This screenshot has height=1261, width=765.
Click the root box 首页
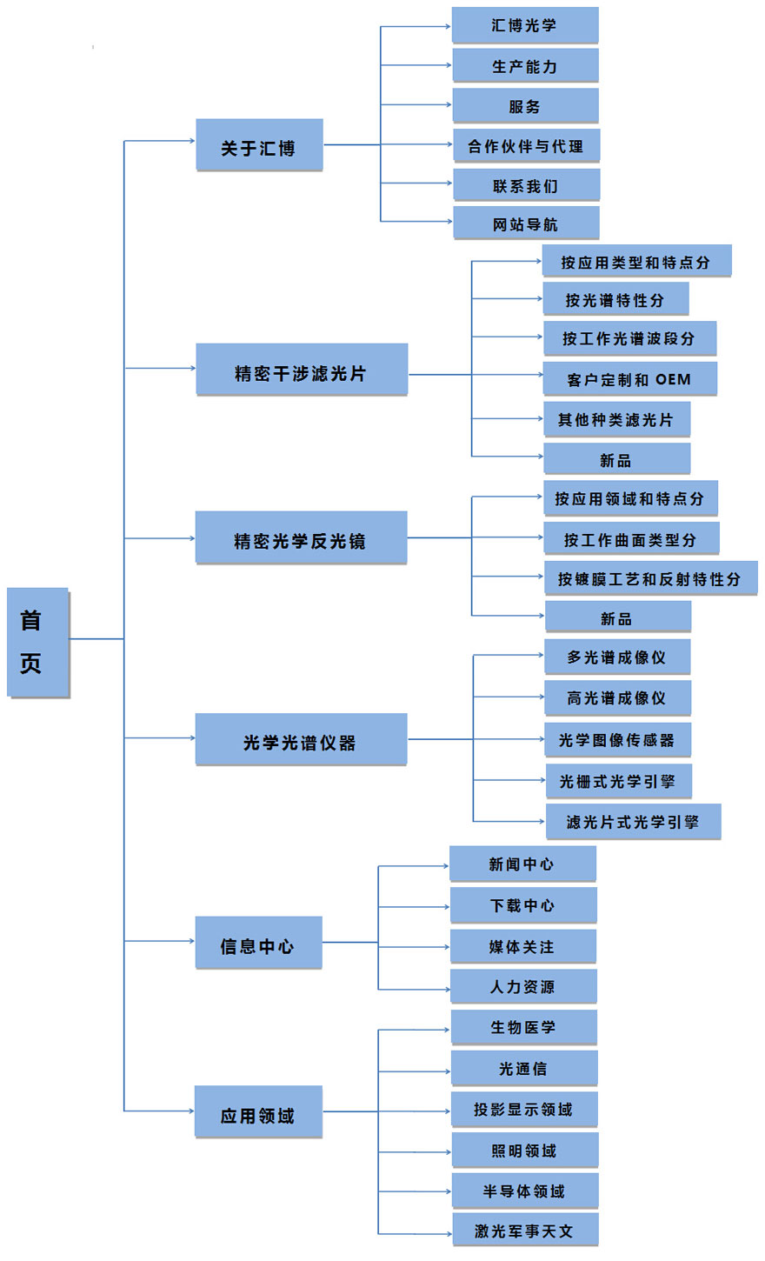point(37,642)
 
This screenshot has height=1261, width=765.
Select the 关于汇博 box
point(259,144)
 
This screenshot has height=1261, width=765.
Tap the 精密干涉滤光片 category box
point(302,370)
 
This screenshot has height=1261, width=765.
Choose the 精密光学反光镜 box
point(301,537)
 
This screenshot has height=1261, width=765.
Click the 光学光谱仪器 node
point(301,738)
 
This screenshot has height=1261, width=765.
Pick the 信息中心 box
point(259,943)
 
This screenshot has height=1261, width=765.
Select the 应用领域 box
point(258,1111)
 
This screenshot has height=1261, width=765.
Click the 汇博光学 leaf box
point(525,25)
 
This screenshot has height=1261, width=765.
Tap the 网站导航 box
point(526,223)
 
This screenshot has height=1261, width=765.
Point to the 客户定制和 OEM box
point(630,379)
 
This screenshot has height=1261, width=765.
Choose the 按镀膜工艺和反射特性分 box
point(651,577)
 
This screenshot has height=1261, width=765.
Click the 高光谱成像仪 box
point(617,697)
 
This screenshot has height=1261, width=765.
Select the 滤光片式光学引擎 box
point(633,821)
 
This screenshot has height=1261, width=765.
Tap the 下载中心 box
point(523,905)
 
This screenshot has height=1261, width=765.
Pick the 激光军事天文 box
point(525,1230)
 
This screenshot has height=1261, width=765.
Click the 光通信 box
point(525,1068)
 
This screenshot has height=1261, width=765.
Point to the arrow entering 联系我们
point(416,183)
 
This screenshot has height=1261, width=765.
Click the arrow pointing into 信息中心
point(159,941)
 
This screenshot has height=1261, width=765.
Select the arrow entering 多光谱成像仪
point(509,655)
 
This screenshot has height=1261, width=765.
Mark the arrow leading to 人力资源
point(414,989)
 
